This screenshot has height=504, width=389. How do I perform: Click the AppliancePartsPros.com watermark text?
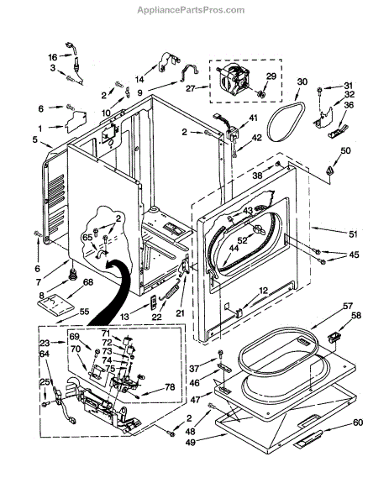[x=191, y=10]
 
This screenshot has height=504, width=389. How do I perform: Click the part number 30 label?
[x=302, y=81]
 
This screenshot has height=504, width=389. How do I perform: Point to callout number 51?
[x=353, y=234]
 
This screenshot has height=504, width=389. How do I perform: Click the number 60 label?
[x=358, y=422]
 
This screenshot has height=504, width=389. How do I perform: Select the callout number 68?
[x=88, y=282]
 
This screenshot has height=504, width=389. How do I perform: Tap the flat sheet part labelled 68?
[x=55, y=304]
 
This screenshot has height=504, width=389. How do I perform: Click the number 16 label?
[x=52, y=57]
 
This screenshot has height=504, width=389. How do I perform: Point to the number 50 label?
[x=345, y=150]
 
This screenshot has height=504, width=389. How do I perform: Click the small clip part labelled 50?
[x=329, y=171]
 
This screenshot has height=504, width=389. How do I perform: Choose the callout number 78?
[x=170, y=386]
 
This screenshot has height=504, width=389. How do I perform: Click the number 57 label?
[x=348, y=306]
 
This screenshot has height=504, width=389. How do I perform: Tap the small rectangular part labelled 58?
[x=334, y=337]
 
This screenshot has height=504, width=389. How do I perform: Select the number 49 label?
[x=191, y=443]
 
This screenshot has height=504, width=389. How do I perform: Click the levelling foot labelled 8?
[x=74, y=274]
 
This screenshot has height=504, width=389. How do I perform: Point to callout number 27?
[x=191, y=87]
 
